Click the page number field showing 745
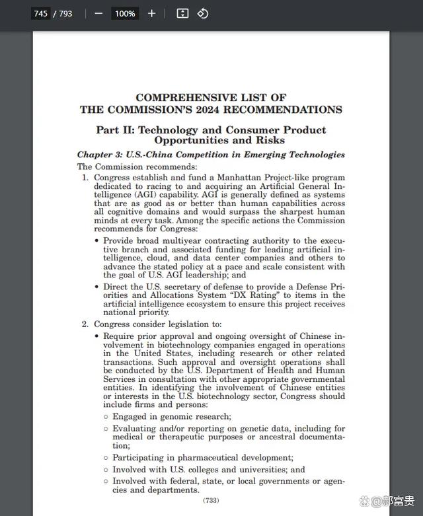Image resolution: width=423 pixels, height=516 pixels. pos(40,13)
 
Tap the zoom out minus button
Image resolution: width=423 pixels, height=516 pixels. pos(98,13)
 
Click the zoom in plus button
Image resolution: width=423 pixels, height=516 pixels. pos(151,13)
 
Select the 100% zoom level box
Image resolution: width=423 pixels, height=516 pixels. pos(124,13)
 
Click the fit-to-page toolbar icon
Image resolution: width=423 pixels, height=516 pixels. pos(183,13)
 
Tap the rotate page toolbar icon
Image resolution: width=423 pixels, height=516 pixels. pos(203,13)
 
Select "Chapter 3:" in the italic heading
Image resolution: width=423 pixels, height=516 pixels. pos(99,155)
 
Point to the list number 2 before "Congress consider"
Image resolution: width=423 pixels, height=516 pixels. pos(85,324)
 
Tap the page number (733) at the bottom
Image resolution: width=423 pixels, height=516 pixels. pos(211,501)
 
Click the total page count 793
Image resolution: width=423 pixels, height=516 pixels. pos(65,13)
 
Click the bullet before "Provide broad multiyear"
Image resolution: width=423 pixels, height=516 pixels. pos(96,242)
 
